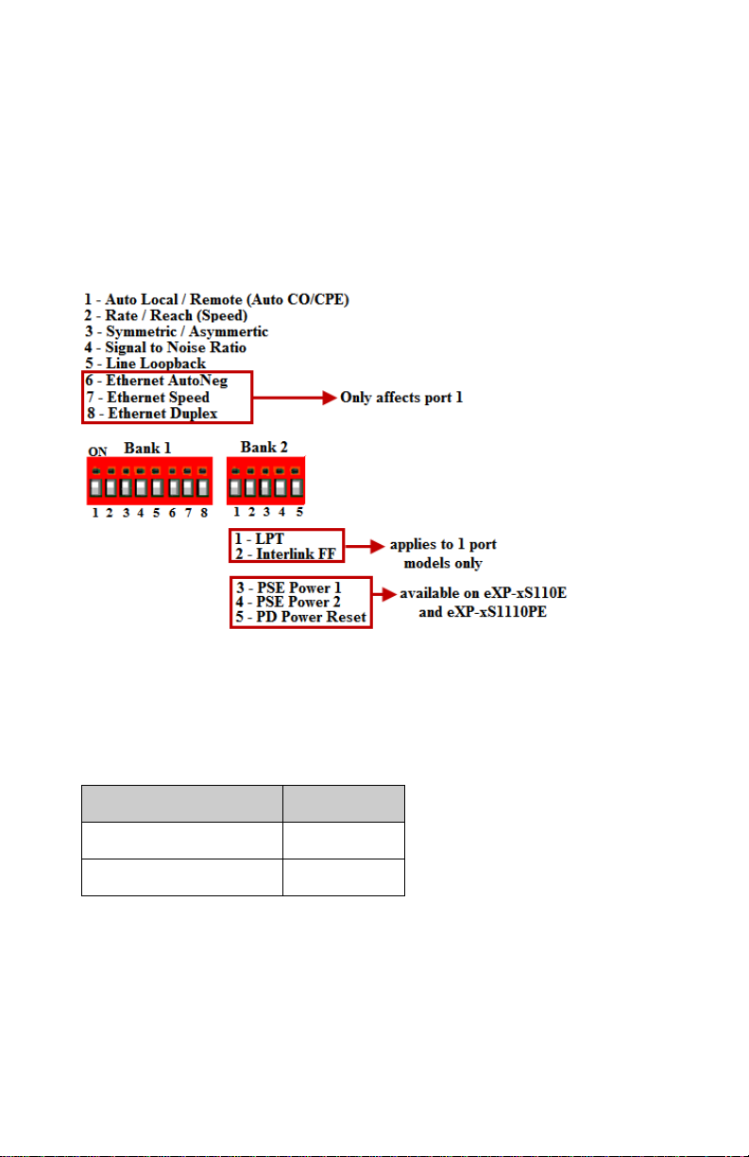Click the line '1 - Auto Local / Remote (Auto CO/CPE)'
point(216,299)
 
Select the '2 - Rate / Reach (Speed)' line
point(166,315)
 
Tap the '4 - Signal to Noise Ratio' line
point(165,348)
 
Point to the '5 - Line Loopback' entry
point(145,363)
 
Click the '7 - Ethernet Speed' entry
point(147,398)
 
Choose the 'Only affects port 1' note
point(401,398)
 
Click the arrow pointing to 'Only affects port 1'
point(295,398)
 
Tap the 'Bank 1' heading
point(147,448)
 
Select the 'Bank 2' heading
point(264,447)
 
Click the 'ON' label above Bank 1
point(97,452)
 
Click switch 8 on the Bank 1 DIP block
point(202,487)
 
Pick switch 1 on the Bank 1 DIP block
point(95,487)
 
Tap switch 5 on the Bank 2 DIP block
point(296,487)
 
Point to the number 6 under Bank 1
point(172,513)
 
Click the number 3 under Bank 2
point(266,512)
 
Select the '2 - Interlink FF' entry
point(285,554)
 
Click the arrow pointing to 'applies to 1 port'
point(365,546)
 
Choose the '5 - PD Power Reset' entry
point(300,617)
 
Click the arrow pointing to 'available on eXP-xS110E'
point(384,594)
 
